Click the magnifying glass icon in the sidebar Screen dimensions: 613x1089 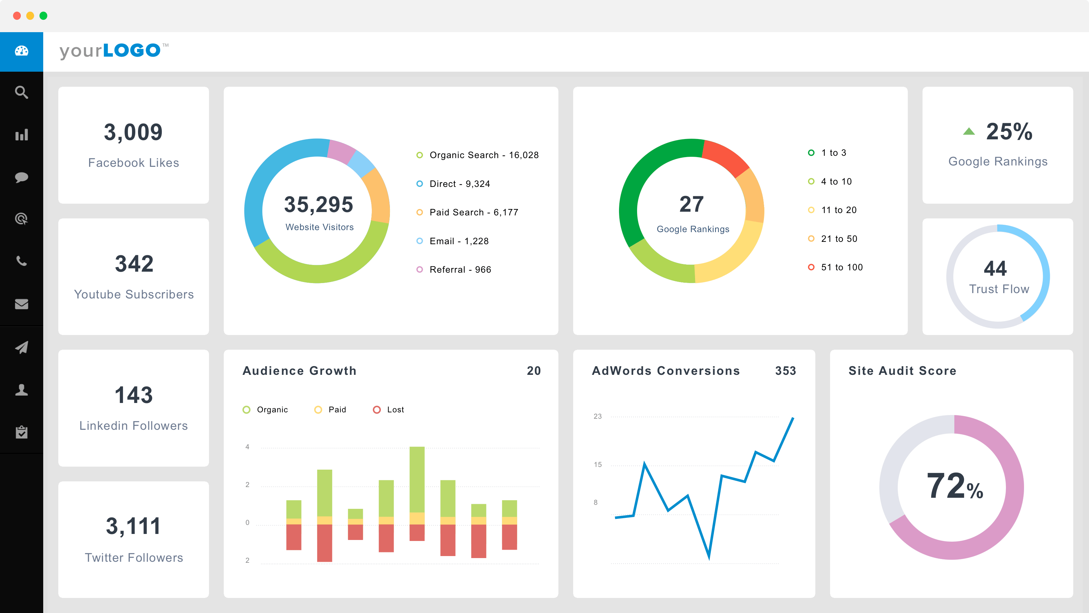pyautogui.click(x=21, y=92)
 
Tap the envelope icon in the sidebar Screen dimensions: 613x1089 pyautogui.click(x=21, y=304)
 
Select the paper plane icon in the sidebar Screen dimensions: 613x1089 pyautogui.click(x=21, y=347)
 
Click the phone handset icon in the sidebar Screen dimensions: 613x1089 pyautogui.click(x=21, y=261)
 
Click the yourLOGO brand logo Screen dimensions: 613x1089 pyautogui.click(x=111, y=51)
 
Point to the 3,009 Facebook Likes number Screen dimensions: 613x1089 pyautogui.click(x=133, y=132)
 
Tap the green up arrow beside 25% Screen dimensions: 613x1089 pyautogui.click(x=968, y=132)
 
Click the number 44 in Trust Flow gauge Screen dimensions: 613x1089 pyautogui.click(x=995, y=268)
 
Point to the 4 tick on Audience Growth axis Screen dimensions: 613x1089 pyautogui.click(x=247, y=447)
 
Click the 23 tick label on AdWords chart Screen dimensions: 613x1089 pyautogui.click(x=597, y=416)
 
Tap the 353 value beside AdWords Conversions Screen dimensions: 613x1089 pyautogui.click(x=785, y=371)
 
